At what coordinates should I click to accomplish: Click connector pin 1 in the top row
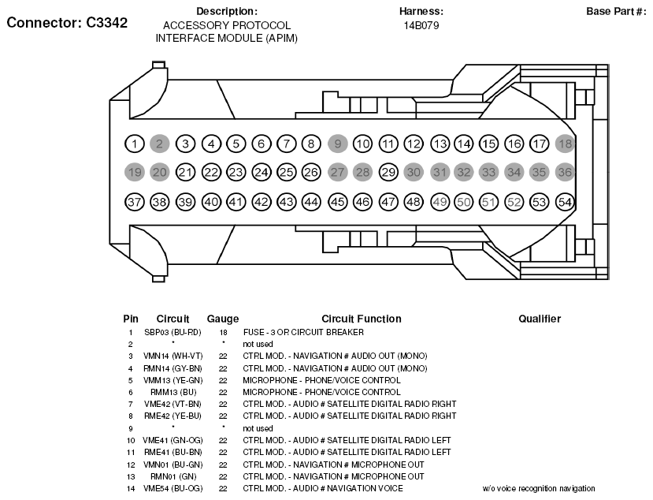tap(135, 144)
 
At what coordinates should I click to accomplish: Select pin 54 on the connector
tap(565, 202)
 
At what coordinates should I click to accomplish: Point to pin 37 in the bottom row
tap(135, 202)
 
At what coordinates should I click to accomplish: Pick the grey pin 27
tap(338, 172)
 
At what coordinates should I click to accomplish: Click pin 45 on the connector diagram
tap(338, 202)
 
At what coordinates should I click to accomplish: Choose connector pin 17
tap(540, 144)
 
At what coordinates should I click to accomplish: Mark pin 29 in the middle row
tap(388, 172)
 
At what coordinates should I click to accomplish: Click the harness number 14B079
tap(421, 25)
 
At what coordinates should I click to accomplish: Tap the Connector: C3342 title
tap(67, 23)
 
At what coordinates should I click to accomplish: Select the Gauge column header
tap(223, 319)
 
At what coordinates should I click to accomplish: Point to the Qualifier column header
tap(540, 319)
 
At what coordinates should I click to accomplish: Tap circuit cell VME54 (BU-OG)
tap(173, 488)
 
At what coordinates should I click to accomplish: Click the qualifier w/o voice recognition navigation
tap(539, 488)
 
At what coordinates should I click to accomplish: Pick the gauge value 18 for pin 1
tap(223, 332)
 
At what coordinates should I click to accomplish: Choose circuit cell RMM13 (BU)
tap(173, 391)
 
